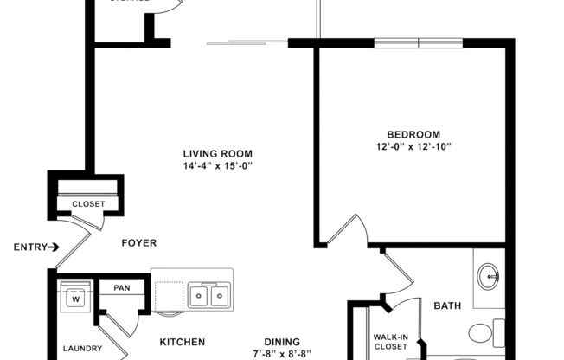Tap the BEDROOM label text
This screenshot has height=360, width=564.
click(x=413, y=134)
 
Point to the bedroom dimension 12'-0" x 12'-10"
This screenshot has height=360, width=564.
click(x=413, y=146)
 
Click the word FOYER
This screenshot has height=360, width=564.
click(x=138, y=243)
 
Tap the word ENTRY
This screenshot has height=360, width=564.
click(x=29, y=247)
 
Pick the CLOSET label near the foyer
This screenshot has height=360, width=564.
click(x=88, y=204)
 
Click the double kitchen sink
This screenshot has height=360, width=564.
click(x=208, y=296)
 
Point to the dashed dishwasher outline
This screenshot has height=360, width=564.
click(x=169, y=294)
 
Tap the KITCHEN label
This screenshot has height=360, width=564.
click(x=182, y=342)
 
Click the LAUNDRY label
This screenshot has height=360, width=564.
click(x=82, y=350)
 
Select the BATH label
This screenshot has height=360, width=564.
click(x=447, y=305)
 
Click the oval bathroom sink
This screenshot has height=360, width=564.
click(x=487, y=278)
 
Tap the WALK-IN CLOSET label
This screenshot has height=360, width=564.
click(x=391, y=342)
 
